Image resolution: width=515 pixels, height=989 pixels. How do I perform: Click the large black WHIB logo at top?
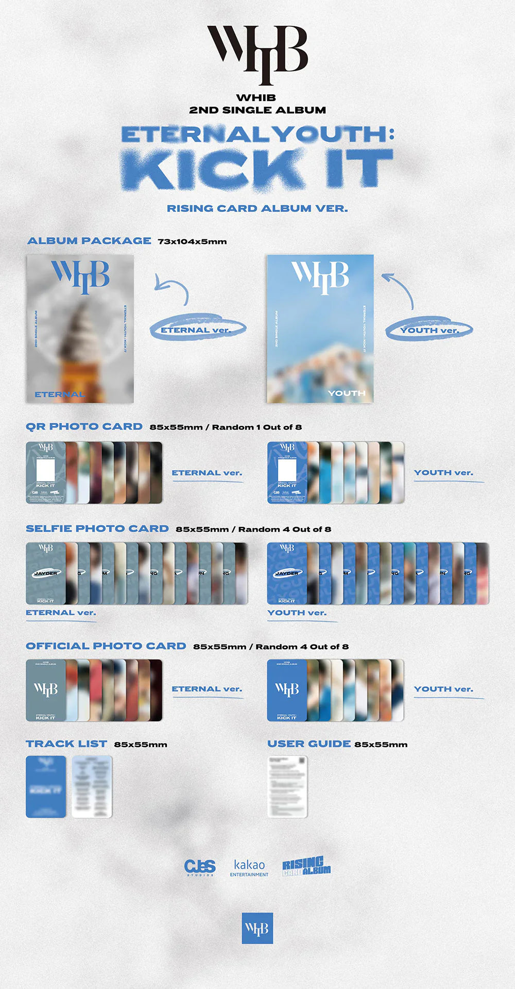pos(257,54)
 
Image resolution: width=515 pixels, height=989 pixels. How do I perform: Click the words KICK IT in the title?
pos(257,169)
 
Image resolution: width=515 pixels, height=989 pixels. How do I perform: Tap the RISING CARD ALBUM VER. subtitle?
pos(257,208)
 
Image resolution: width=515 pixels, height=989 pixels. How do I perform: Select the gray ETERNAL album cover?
pos(80,328)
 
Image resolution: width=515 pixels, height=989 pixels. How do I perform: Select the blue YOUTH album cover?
pos(320,328)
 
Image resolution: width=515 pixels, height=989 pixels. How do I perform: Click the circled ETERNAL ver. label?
pos(196,329)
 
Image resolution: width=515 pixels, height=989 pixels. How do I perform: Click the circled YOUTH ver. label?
pos(429,329)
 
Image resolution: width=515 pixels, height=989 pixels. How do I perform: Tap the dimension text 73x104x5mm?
pos(192,241)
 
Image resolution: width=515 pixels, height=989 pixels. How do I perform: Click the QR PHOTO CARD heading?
pos(84,426)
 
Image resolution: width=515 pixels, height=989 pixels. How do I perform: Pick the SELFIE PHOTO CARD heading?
pos(97,529)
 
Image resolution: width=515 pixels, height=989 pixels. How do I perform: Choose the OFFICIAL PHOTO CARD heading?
pos(106,646)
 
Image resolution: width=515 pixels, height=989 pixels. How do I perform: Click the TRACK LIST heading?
pos(66,744)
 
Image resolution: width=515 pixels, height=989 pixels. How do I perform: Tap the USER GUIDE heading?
pos(309,744)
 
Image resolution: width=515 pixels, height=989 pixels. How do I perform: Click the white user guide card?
pos(287,786)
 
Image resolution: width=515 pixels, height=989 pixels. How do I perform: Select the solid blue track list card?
pos(46,786)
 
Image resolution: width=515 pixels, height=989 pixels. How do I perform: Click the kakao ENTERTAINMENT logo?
pos(249,867)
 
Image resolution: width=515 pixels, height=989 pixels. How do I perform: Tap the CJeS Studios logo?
pos(200,867)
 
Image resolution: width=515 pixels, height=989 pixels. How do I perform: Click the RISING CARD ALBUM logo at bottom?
pos(306,866)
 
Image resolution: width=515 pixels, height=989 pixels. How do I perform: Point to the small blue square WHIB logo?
pos(257,928)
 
